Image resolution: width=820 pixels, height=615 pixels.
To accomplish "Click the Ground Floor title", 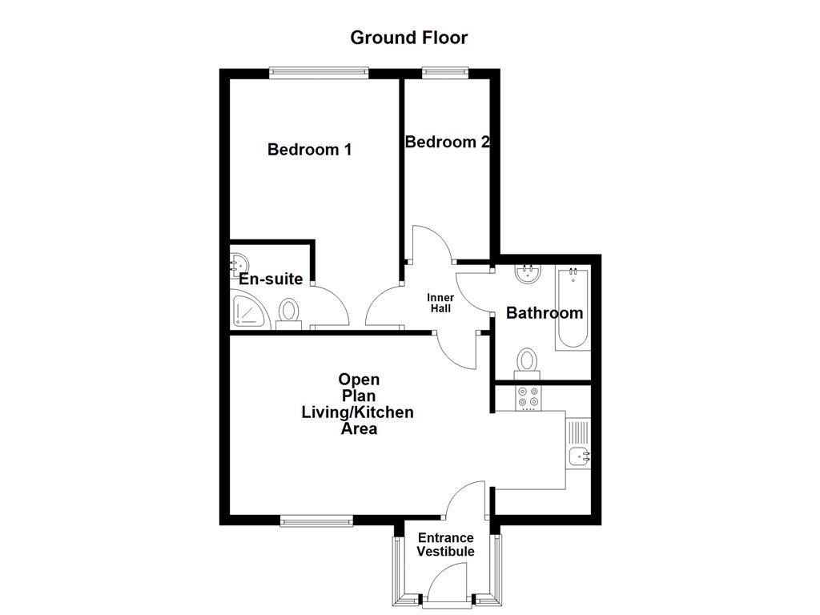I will (x=408, y=38).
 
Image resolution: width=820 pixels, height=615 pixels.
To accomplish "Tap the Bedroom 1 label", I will (x=309, y=149).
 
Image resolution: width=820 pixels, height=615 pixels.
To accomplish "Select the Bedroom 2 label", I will (x=447, y=142).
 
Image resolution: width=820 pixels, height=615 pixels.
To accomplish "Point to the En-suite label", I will (x=271, y=279).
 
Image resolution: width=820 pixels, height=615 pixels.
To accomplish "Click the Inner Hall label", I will (x=440, y=303).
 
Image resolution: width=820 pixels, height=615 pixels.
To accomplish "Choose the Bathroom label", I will (x=544, y=313).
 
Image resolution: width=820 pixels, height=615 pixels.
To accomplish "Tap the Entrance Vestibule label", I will (x=445, y=545).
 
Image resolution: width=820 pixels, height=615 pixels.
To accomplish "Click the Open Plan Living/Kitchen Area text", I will (x=357, y=404).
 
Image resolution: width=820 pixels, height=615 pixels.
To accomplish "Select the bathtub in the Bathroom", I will (x=573, y=308).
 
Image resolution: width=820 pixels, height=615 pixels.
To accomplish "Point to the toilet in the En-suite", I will (x=288, y=313).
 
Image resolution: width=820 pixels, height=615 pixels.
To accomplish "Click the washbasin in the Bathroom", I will (x=528, y=274).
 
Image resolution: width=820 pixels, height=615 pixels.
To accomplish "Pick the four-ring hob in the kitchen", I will (x=528, y=397).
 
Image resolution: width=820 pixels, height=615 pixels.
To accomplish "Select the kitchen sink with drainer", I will (x=578, y=445).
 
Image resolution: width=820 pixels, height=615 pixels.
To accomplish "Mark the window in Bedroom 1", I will (x=319, y=73).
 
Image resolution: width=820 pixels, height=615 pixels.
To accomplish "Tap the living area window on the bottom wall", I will (x=317, y=521).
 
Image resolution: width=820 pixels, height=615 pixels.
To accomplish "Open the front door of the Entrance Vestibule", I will (x=447, y=583).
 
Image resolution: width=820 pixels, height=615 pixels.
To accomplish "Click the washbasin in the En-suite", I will (x=237, y=263).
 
